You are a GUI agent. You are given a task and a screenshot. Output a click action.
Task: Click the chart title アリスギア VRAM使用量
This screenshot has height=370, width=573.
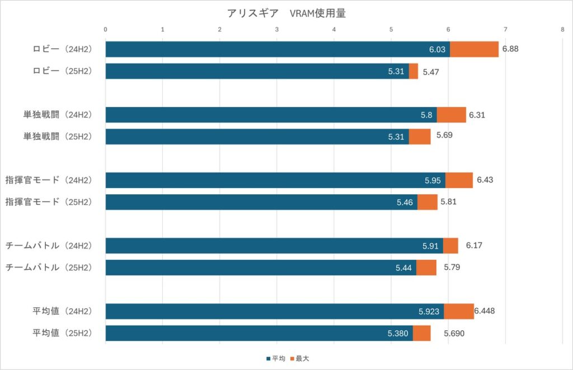coord(286,13)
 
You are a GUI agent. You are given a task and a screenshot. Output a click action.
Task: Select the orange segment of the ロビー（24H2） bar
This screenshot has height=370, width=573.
coord(474,49)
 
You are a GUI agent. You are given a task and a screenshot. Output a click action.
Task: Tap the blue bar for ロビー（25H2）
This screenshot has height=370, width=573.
coord(257,71)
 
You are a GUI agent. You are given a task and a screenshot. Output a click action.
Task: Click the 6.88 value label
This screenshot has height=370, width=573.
coord(510,49)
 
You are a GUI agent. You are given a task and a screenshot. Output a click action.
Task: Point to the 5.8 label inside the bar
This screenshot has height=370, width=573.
coord(426,115)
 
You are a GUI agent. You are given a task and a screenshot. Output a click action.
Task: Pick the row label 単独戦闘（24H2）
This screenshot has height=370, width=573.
coord(57,115)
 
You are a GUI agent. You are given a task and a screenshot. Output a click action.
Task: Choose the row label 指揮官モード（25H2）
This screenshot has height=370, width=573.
coord(48,202)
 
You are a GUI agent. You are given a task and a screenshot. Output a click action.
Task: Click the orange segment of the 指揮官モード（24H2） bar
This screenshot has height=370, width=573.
coord(459,180)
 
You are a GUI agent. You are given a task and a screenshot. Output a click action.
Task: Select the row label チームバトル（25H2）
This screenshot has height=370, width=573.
coord(48,268)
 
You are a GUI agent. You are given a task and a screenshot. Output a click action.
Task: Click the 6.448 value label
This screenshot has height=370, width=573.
coord(485,311)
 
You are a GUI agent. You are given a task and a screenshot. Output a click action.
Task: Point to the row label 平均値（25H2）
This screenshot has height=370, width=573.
coord(62,333)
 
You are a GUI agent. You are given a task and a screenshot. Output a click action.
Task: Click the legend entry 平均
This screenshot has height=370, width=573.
coord(276,358)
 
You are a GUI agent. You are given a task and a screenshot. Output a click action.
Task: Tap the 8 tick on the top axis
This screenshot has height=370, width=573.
coord(562,29)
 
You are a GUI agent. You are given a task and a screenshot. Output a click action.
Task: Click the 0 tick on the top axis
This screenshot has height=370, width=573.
coord(106,29)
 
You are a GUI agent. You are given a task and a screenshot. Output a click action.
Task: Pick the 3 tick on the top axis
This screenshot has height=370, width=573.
coord(277,29)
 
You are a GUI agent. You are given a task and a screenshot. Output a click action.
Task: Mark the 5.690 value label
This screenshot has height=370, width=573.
coord(454,334)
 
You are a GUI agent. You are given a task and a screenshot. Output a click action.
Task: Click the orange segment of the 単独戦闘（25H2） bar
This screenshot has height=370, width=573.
coord(420,137)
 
